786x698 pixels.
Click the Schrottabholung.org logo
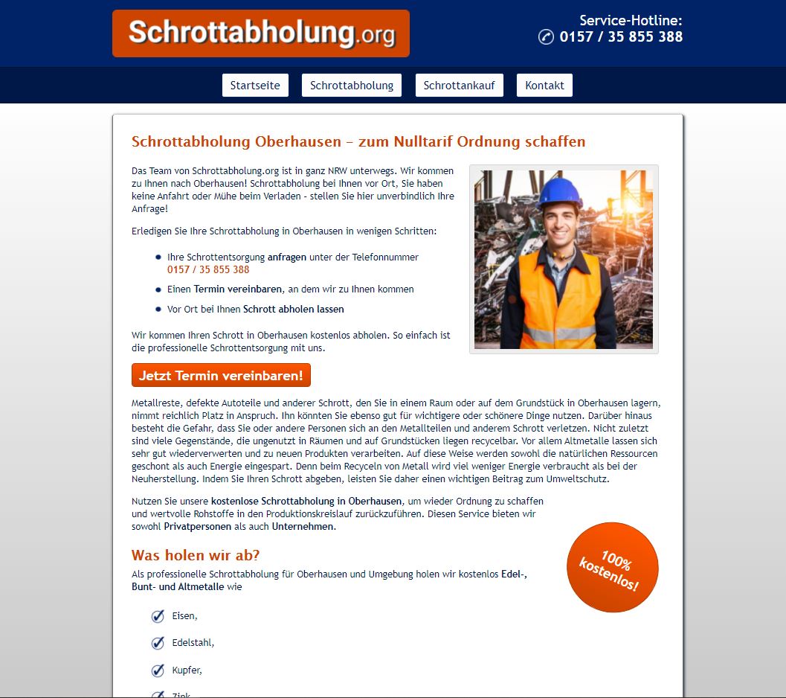click(x=260, y=33)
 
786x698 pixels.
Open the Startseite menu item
click(x=255, y=86)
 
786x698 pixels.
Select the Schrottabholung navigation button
click(x=352, y=86)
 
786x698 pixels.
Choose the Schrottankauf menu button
click(x=460, y=86)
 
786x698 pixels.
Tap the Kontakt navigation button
click(x=544, y=86)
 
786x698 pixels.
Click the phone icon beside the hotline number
click(x=546, y=37)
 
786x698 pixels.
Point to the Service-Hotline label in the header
click(x=631, y=21)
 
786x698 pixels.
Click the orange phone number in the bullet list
click(x=208, y=269)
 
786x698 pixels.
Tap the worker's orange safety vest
click(x=559, y=298)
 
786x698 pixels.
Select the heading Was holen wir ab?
click(x=196, y=556)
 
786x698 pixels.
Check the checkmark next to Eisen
click(x=158, y=616)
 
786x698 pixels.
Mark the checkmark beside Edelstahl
click(x=158, y=643)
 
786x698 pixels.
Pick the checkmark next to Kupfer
click(x=158, y=670)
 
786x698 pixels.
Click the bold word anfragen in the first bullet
click(x=287, y=257)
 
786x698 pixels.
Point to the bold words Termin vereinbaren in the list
click(x=238, y=289)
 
